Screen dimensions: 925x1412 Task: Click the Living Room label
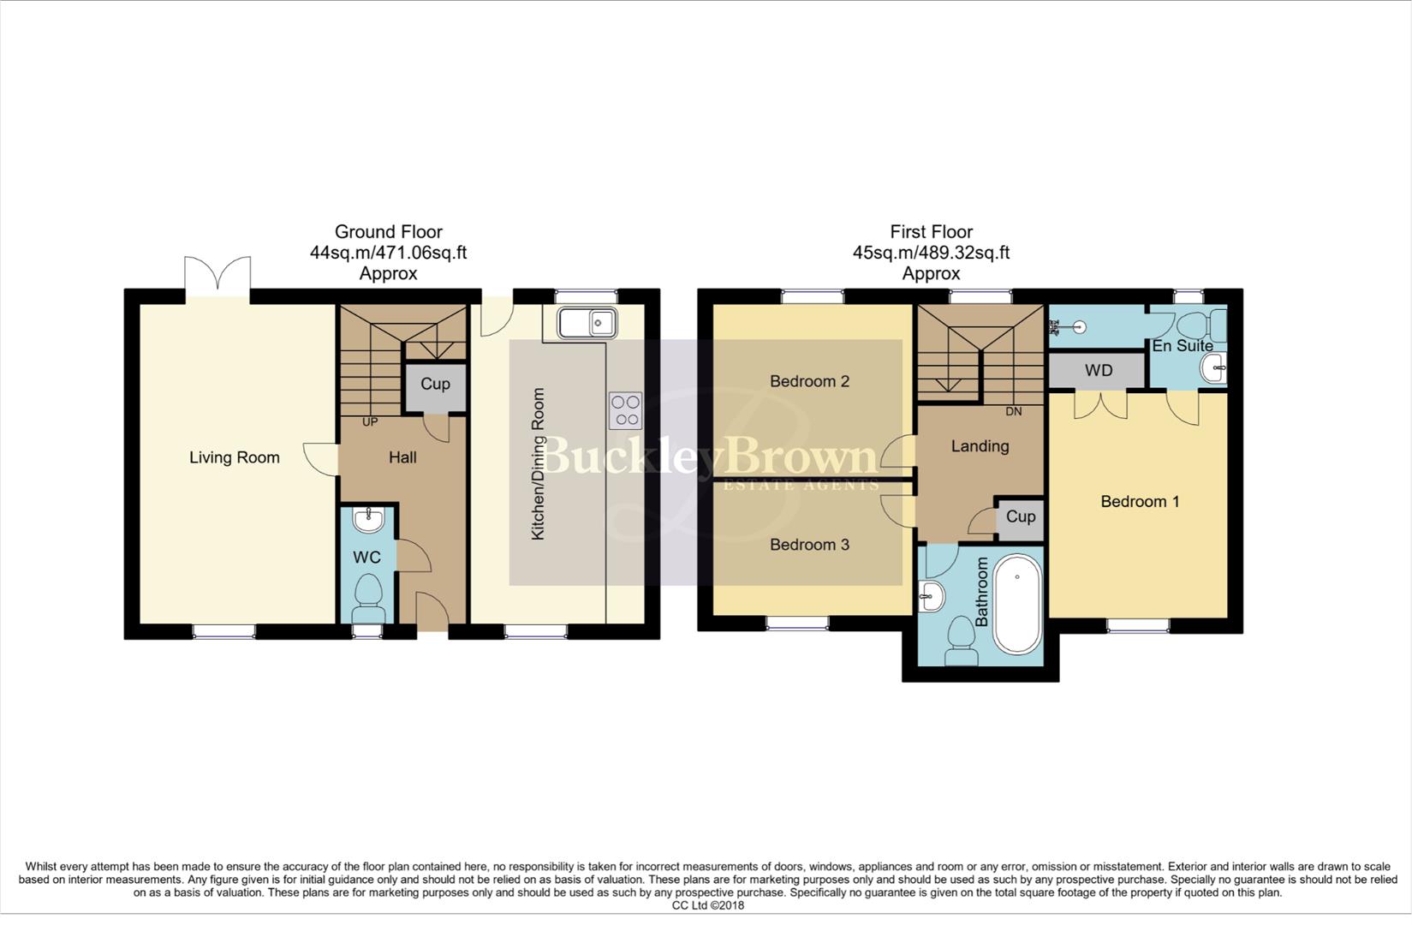234,457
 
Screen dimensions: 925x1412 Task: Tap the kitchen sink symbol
587,323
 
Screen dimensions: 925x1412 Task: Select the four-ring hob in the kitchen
625,409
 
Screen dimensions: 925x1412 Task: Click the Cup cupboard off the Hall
435,385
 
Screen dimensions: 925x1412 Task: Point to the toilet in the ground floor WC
368,594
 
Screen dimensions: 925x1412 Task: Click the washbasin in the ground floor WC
368,517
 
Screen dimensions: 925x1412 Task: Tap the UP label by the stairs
369,421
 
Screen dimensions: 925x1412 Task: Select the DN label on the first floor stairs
1013,411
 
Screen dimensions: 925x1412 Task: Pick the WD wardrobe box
1098,371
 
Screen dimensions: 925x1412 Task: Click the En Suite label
1182,346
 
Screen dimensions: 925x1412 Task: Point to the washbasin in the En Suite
1213,369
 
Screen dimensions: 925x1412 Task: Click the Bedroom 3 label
809,545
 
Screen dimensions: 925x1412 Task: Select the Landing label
980,446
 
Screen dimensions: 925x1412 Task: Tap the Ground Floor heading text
388,232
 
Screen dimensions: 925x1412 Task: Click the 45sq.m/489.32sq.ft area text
931,253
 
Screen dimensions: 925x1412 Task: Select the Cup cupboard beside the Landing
1020,517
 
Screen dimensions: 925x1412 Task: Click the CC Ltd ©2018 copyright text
707,905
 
